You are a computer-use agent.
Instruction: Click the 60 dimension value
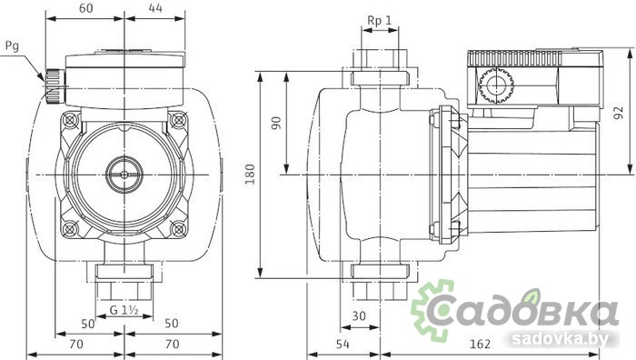[86, 8]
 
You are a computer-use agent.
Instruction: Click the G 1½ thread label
[124, 310]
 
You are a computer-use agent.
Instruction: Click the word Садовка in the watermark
[536, 309]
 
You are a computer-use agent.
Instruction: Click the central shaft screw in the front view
[122, 170]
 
